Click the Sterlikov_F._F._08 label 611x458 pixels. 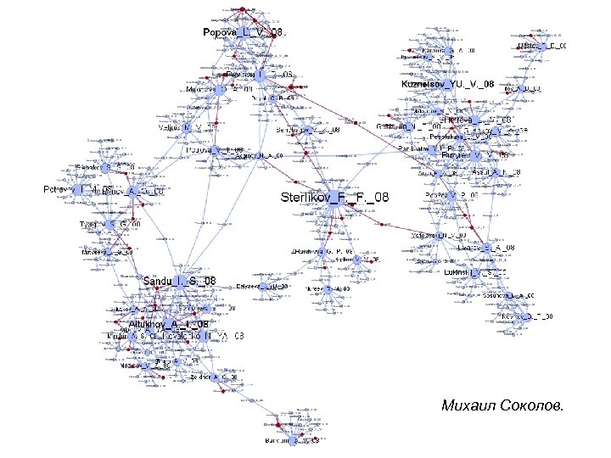[x=334, y=198]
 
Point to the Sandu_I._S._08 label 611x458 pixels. [x=179, y=281]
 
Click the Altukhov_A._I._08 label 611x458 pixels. [x=169, y=324]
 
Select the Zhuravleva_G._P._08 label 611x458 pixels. [x=322, y=252]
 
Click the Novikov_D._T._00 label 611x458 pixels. [x=527, y=316]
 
